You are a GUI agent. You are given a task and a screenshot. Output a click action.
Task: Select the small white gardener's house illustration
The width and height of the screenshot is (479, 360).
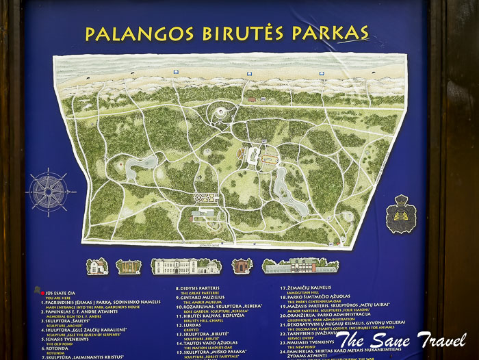pos(97,266)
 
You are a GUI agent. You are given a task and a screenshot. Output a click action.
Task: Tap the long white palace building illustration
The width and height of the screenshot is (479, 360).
pos(186,266)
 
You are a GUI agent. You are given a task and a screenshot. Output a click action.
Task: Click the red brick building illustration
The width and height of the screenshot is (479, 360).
pos(242,266)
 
